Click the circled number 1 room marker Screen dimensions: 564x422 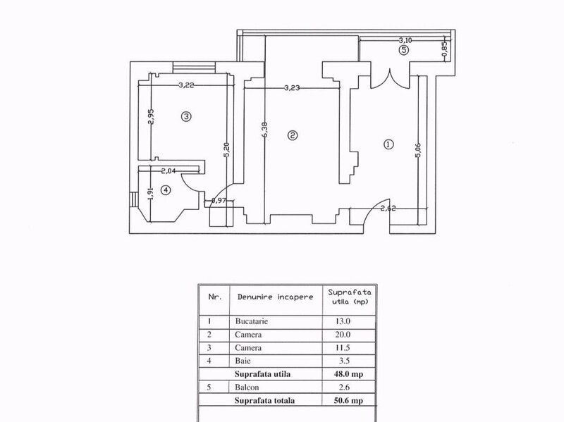coord(388,144)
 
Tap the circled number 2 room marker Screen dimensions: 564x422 coord(293,135)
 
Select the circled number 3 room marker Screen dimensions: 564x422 coord(186,116)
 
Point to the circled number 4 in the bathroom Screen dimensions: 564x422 coord(166,190)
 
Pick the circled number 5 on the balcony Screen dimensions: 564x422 coord(404,50)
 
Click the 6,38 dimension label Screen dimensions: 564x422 coord(266,130)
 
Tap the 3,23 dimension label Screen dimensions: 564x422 coord(292,87)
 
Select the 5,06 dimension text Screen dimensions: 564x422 coord(418,150)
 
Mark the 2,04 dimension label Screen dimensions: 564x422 coord(168,171)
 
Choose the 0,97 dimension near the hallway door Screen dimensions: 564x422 coord(219,201)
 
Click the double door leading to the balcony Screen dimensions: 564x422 coord(390,78)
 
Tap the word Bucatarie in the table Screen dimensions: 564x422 coord(252,321)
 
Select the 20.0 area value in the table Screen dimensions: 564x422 coord(343,335)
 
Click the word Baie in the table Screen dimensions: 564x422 coord(243,361)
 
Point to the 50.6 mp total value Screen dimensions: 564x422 coord(348,400)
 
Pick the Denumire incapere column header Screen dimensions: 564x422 coord(275,297)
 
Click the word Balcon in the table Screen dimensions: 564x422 coord(247,387)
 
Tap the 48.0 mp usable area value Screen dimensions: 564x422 coord(348,374)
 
